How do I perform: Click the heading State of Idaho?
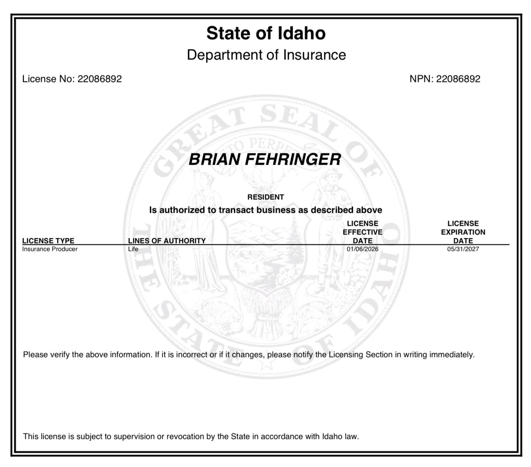point(265,33)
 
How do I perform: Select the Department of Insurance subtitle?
point(266,55)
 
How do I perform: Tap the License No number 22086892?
point(99,79)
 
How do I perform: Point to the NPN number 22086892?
point(458,79)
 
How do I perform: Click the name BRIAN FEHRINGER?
point(265,159)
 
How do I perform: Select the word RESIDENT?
point(265,197)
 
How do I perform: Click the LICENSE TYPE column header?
point(48,241)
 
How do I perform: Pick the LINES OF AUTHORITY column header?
point(167,241)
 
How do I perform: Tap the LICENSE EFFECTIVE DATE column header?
point(363,232)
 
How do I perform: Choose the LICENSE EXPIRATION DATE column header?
point(463,232)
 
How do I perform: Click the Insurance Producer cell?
point(50,249)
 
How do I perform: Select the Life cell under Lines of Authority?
point(133,249)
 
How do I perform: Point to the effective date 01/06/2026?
point(363,249)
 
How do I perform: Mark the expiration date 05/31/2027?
point(463,249)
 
